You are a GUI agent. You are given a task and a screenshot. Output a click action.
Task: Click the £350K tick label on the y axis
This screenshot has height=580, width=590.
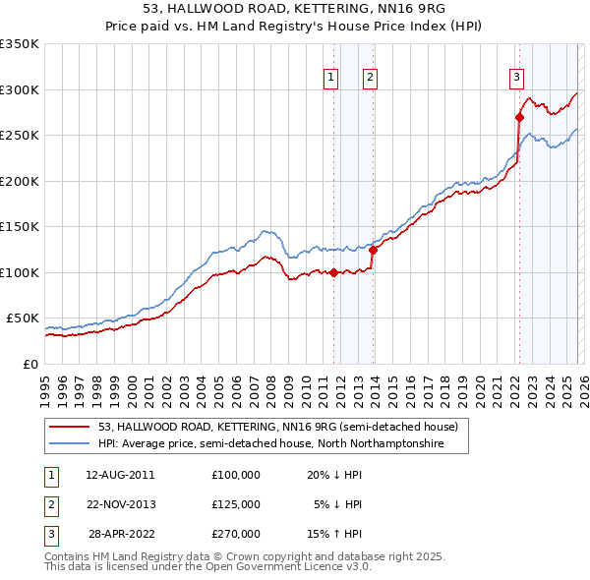[x=20, y=44]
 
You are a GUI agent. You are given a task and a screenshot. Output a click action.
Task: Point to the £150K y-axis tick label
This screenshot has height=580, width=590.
[x=20, y=226]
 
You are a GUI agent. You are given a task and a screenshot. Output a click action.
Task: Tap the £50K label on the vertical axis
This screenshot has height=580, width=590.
[x=23, y=318]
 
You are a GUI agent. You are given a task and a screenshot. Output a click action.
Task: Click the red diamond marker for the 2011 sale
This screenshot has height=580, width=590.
[x=333, y=272]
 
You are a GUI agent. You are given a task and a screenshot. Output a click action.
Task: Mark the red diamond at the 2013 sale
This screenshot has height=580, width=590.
[x=373, y=250]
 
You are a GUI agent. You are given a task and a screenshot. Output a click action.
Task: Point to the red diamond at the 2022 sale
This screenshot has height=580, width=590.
[x=519, y=117]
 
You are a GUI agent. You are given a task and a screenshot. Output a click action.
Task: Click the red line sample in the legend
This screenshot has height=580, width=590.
[x=71, y=428]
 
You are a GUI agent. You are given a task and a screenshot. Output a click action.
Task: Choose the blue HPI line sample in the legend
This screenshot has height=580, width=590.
[x=71, y=444]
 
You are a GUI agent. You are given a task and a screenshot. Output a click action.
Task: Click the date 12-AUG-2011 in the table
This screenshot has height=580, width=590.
[x=120, y=474]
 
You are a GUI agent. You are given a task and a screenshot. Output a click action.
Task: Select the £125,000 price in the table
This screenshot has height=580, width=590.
[x=236, y=504]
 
